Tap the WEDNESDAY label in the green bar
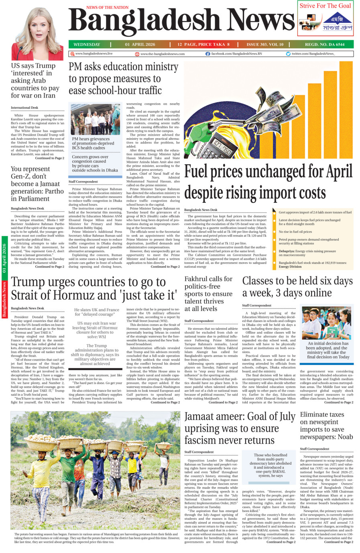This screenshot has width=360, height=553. click(x=87, y=45)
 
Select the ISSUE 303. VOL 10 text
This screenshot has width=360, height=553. click(x=265, y=45)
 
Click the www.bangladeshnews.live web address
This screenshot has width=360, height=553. click(x=94, y=53)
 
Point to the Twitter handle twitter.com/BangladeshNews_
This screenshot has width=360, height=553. click(x=313, y=53)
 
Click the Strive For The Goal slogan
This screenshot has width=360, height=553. click(x=325, y=6)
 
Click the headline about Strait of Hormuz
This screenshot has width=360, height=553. click(x=94, y=288)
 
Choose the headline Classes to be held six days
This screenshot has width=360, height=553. click(x=297, y=286)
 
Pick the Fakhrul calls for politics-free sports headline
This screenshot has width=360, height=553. click(x=208, y=294)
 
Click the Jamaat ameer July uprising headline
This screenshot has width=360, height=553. click(x=239, y=428)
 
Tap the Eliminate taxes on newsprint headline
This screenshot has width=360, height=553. click(x=326, y=425)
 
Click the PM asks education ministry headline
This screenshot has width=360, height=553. click(x=123, y=78)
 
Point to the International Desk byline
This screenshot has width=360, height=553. click(x=24, y=108)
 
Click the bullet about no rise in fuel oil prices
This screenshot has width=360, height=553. click(x=295, y=232)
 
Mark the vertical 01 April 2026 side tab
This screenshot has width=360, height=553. click(x=4, y=259)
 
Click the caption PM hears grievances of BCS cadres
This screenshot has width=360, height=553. click(x=93, y=143)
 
